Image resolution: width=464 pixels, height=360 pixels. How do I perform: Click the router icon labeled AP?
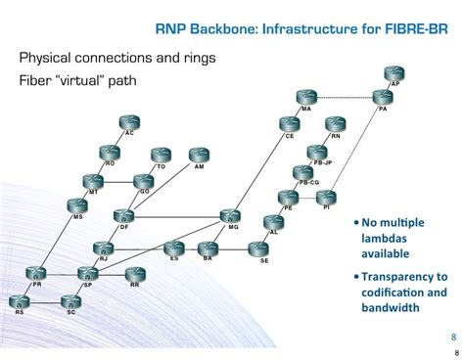click(x=394, y=74)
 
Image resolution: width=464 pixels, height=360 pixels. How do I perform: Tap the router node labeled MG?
click(x=230, y=217)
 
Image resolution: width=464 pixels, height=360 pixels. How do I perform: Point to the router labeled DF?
click(x=123, y=217)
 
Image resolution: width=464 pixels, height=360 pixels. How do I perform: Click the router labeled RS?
click(x=20, y=303)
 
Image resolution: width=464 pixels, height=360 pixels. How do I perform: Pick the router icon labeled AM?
click(x=199, y=157)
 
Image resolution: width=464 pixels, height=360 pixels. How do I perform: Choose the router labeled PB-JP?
click(x=315, y=152)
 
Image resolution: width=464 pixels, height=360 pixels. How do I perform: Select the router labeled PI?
click(x=326, y=198)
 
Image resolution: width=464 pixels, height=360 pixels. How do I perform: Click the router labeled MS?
click(x=77, y=206)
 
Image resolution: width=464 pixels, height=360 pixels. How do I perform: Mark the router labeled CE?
click(x=288, y=125)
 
